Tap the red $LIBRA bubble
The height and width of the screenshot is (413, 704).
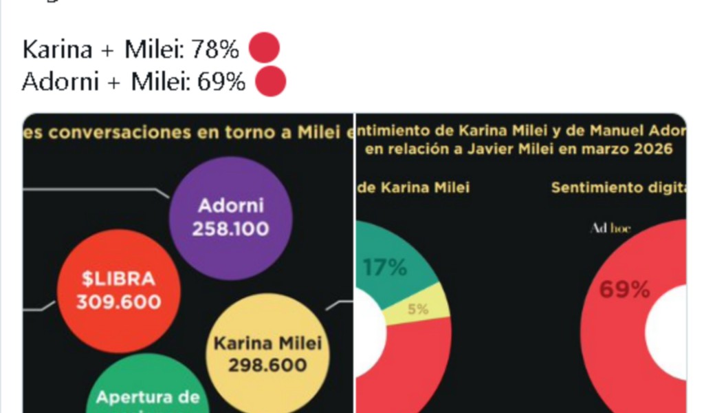119,290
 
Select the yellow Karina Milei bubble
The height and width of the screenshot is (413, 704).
267,353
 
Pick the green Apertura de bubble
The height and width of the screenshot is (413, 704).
147,392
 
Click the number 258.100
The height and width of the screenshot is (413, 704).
231,229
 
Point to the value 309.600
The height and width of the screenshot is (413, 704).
119,302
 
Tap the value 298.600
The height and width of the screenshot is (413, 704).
267,366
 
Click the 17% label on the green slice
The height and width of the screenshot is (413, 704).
385,268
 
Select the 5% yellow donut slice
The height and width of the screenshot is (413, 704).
418,310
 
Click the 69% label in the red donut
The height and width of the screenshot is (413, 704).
624,289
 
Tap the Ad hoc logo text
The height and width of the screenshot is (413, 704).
610,228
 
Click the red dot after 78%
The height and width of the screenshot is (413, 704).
264,50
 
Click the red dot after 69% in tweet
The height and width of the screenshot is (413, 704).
270,82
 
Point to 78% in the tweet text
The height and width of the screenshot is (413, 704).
215,50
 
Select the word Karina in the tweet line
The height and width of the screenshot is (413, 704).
56,50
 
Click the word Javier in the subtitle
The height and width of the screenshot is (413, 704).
470,149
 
